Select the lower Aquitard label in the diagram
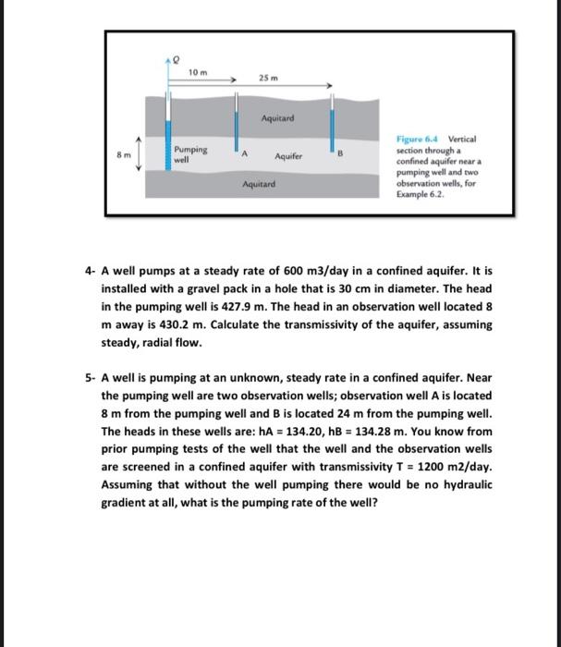point(259,185)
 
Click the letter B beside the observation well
point(341,156)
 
